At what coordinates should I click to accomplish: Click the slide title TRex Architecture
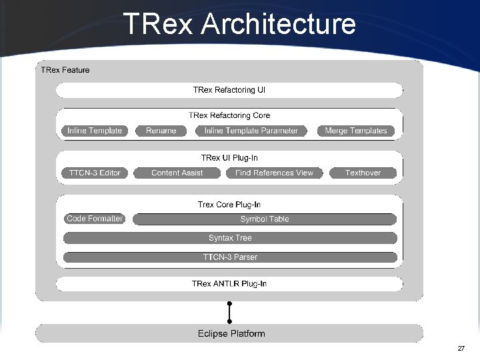[239, 25]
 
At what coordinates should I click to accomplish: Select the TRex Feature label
[65, 70]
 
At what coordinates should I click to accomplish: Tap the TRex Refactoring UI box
[229, 90]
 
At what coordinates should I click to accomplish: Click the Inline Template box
[95, 131]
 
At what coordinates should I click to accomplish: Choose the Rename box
[161, 131]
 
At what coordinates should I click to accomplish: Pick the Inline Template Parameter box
[251, 131]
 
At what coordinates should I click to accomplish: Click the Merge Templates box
[356, 131]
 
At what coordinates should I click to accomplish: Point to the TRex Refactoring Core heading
[229, 115]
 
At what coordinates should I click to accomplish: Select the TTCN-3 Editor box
[95, 173]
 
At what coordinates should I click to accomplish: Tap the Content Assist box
[177, 173]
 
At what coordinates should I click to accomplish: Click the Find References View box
[274, 173]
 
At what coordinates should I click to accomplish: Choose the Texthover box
[363, 173]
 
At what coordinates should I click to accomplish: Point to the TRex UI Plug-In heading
[229, 158]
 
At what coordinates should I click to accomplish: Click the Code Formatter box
[95, 219]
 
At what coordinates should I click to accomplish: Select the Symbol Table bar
[265, 219]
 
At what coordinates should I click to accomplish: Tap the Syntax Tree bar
[230, 238]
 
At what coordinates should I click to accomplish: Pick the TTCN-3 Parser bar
[230, 257]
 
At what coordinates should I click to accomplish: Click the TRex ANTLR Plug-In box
[229, 284]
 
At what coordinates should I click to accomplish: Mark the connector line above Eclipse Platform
[229, 313]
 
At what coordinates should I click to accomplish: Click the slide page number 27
[461, 349]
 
